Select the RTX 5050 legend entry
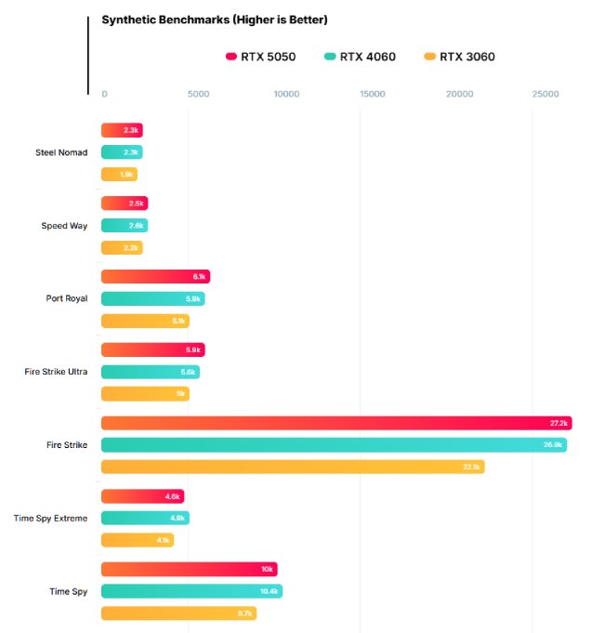click(261, 57)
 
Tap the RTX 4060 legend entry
click(361, 57)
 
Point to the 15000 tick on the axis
click(372, 94)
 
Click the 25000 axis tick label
click(545, 94)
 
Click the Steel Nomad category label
click(61, 152)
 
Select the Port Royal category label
click(67, 298)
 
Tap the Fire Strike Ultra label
click(56, 372)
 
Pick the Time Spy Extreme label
click(51, 518)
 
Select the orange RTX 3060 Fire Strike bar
click(293, 467)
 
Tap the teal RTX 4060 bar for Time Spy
click(191, 591)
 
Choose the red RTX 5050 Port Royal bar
click(155, 276)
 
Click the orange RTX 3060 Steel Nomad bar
click(119, 174)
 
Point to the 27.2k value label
click(558, 423)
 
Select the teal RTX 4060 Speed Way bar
click(125, 225)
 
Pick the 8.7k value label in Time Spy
click(245, 613)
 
